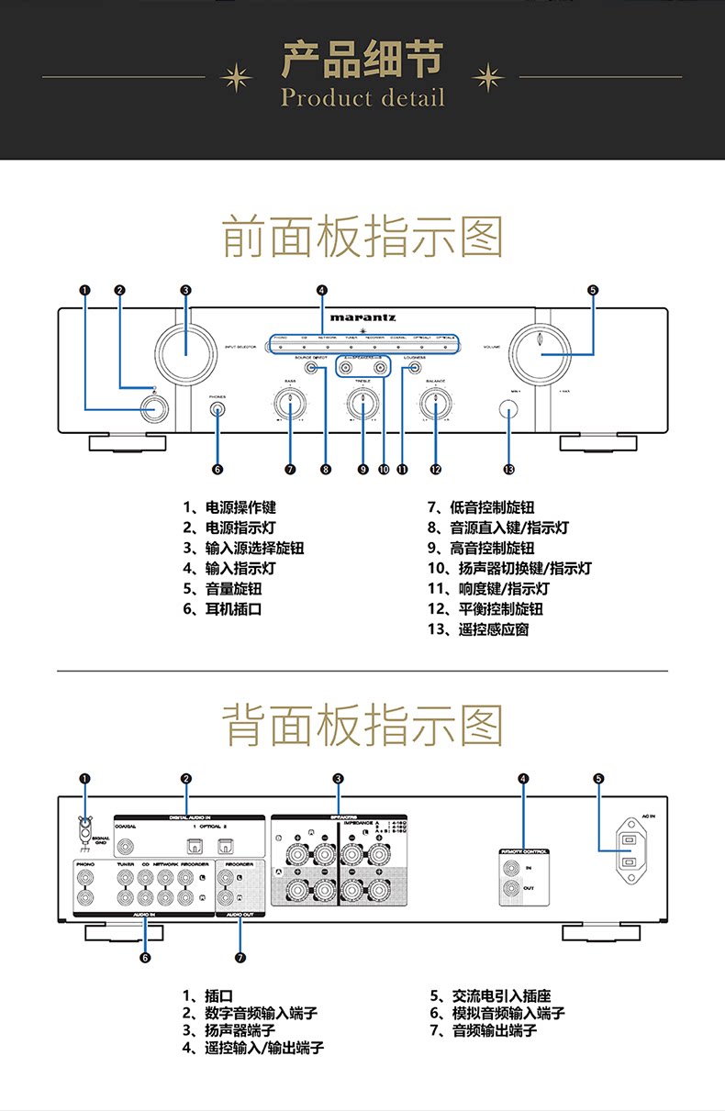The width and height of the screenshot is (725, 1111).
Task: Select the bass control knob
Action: (290, 404)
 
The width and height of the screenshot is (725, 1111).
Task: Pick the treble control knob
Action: (362, 404)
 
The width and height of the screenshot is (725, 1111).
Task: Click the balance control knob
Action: (435, 404)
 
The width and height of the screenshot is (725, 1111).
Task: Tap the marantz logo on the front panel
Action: (362, 318)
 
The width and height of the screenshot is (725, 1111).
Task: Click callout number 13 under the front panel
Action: (508, 469)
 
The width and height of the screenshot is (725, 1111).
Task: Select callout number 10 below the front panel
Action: (383, 469)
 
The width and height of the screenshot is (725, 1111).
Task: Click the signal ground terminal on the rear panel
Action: (85, 829)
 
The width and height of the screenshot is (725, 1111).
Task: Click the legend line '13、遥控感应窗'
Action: (478, 629)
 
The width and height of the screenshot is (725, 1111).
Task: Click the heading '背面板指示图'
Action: (362, 725)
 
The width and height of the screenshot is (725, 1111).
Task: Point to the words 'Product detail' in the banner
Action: (362, 97)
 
